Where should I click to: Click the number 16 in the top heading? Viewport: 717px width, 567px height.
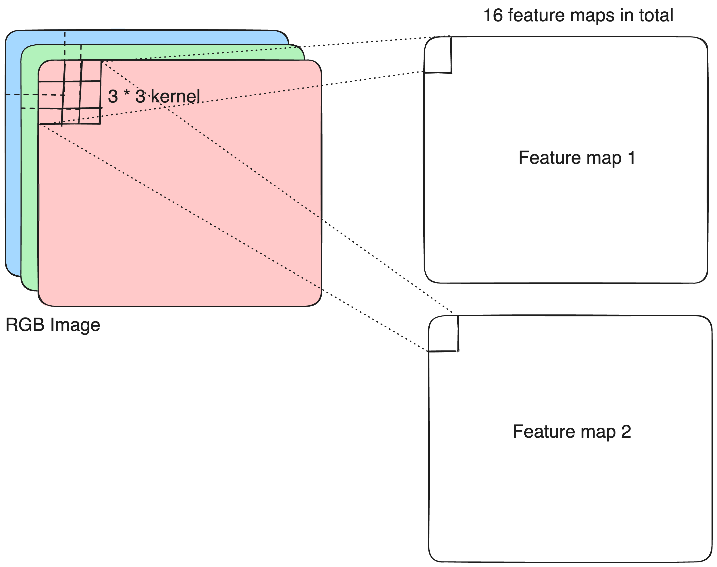click(493, 16)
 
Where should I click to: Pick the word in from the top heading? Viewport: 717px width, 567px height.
click(626, 16)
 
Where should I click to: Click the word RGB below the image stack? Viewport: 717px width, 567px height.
click(25, 325)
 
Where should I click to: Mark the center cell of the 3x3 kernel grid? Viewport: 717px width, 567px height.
click(71, 95)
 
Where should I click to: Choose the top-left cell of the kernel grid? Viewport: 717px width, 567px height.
click(52, 71)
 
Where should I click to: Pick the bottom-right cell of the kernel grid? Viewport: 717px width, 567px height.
click(90, 116)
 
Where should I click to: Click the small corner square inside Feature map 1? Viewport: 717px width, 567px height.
click(438, 55)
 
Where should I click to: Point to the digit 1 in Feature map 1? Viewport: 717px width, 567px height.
click(632, 158)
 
